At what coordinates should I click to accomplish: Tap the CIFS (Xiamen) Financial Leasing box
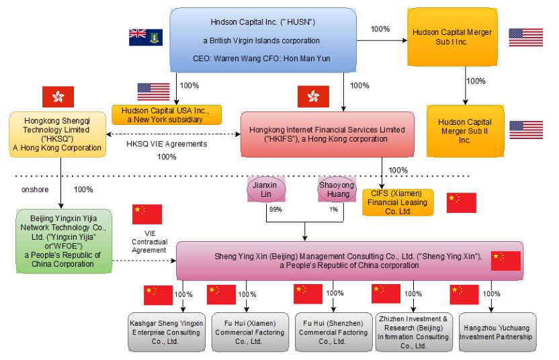tap(398, 202)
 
